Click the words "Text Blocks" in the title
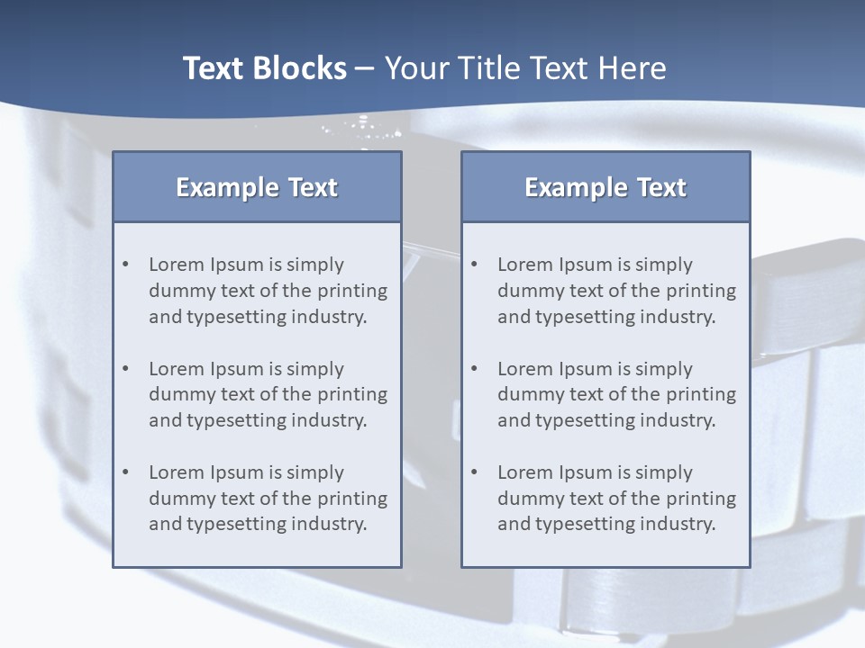point(264,68)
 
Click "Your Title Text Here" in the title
point(525,68)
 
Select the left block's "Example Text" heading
point(257,187)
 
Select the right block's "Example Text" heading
point(605,187)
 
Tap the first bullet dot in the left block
point(126,265)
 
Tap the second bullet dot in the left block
point(126,369)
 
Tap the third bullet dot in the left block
point(126,472)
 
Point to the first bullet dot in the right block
point(475,265)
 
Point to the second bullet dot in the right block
point(475,369)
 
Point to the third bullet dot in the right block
point(475,472)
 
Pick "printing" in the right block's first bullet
point(701,291)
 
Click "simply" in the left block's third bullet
point(315,472)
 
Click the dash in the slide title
point(366,68)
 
